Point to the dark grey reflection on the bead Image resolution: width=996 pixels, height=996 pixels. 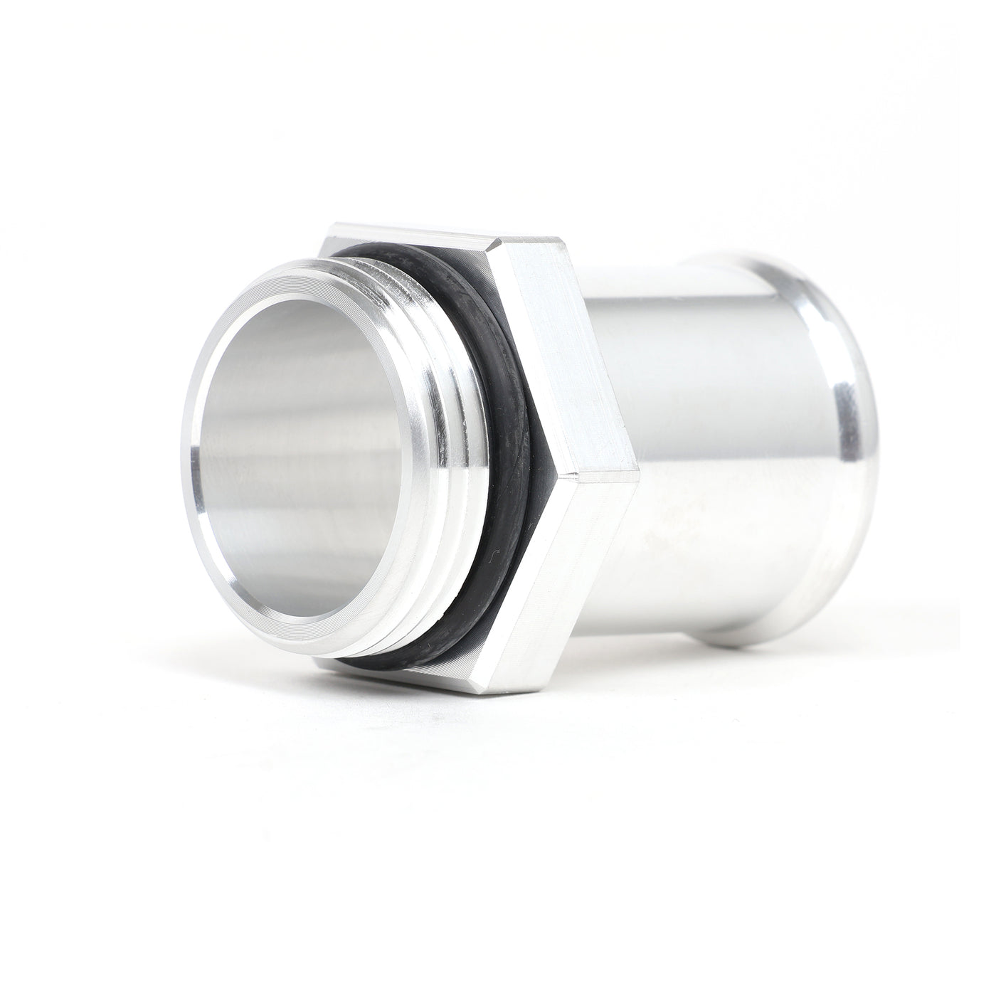tap(850, 420)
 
